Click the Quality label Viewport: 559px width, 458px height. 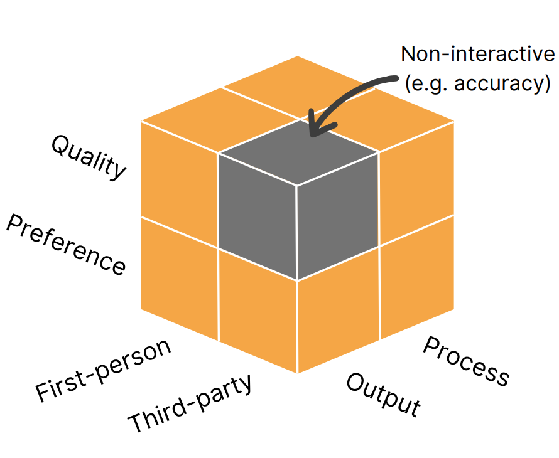89,157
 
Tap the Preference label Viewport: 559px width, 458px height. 66,245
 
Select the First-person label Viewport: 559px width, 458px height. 103,371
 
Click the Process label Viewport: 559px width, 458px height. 465,361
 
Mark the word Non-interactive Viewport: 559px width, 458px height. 478,54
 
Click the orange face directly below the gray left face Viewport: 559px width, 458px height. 258,311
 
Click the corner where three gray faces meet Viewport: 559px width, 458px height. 297,185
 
